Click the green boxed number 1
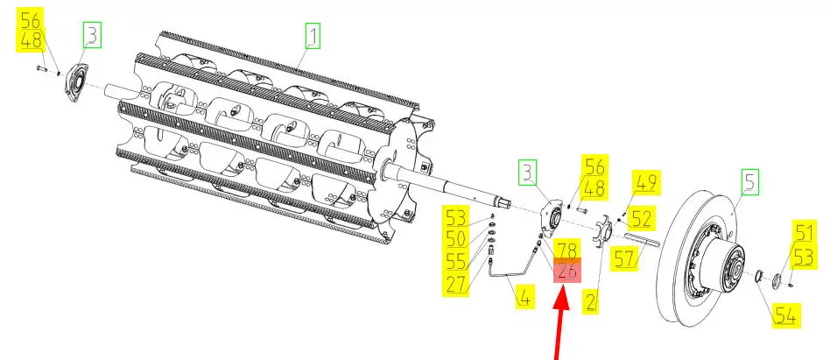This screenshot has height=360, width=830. [x=313, y=37]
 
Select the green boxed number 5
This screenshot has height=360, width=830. [x=749, y=182]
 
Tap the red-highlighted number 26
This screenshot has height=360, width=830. [x=566, y=272]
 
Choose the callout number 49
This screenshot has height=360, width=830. [x=646, y=183]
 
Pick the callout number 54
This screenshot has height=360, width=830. [x=784, y=314]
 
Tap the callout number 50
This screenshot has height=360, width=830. [x=456, y=238]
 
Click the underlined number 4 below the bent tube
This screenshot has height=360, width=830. [x=523, y=298]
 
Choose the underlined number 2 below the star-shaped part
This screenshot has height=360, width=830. [x=591, y=300]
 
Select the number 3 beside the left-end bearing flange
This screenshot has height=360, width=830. [x=93, y=36]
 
